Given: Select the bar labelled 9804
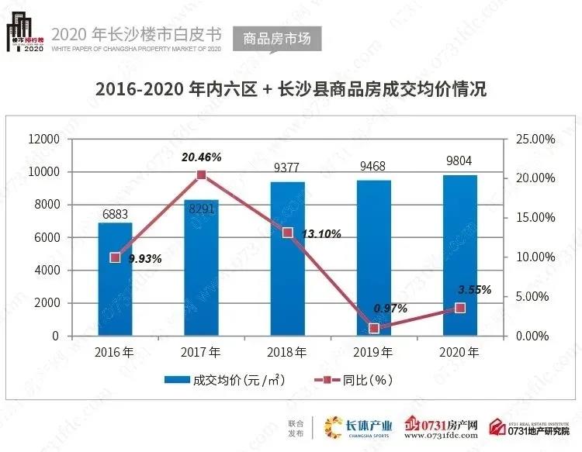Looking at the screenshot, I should click(x=459, y=256).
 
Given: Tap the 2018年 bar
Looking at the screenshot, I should click(x=287, y=259).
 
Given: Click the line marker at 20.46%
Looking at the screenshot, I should click(x=201, y=175).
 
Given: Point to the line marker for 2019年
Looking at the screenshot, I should click(x=374, y=329).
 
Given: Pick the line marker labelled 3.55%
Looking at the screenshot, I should click(x=460, y=308).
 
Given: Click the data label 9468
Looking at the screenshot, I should click(x=373, y=166).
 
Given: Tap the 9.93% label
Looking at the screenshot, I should click(x=145, y=259).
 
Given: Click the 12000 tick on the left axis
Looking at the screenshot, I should click(x=45, y=139).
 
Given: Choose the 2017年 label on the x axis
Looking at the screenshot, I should click(x=201, y=353).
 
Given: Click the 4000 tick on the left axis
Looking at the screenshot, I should click(x=48, y=271).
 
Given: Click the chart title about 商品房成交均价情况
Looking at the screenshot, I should click(x=290, y=89).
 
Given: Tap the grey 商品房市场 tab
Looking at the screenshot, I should click(x=276, y=37).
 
